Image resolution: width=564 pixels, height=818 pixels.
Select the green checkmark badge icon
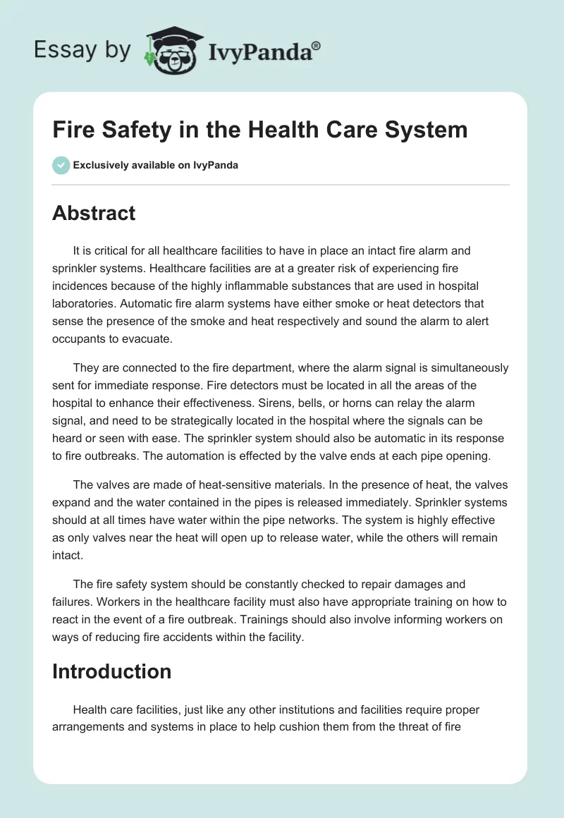[x=61, y=165]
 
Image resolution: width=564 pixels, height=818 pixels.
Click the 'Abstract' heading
[x=94, y=213]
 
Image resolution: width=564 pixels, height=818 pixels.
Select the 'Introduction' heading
[x=111, y=671]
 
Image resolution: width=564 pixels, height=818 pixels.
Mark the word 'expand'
[x=73, y=502]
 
